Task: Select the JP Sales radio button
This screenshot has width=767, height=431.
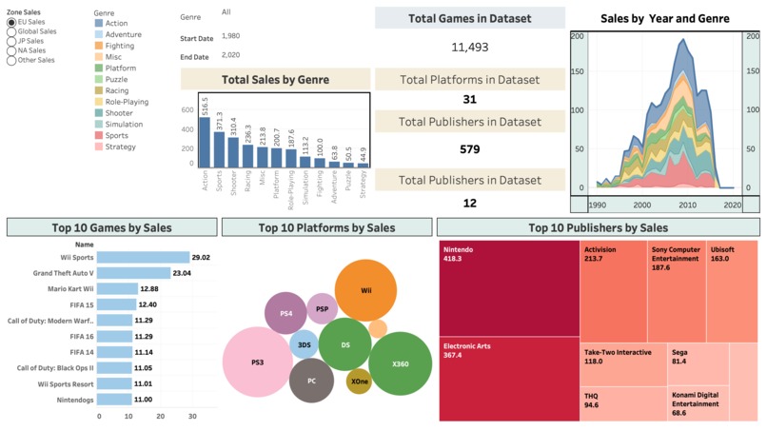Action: click(11, 41)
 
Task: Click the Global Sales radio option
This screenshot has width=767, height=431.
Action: click(11, 31)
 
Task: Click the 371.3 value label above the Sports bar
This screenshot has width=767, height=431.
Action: click(219, 121)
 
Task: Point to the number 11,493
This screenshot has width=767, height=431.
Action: click(469, 47)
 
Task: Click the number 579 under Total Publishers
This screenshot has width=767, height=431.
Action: click(469, 149)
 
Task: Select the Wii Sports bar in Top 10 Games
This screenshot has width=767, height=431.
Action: click(143, 258)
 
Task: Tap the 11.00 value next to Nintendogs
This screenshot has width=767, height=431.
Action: click(145, 400)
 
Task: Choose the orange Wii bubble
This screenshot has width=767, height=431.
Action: click(365, 290)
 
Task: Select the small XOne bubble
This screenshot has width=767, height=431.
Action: click(359, 382)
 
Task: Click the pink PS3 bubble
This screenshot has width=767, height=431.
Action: click(257, 362)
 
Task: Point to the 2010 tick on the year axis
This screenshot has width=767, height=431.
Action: click(684, 205)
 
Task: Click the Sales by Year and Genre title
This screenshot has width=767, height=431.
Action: click(665, 19)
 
